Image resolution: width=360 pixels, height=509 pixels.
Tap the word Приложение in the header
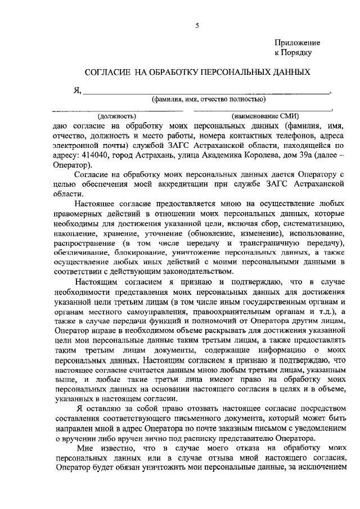pyautogui.click(x=297, y=43)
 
